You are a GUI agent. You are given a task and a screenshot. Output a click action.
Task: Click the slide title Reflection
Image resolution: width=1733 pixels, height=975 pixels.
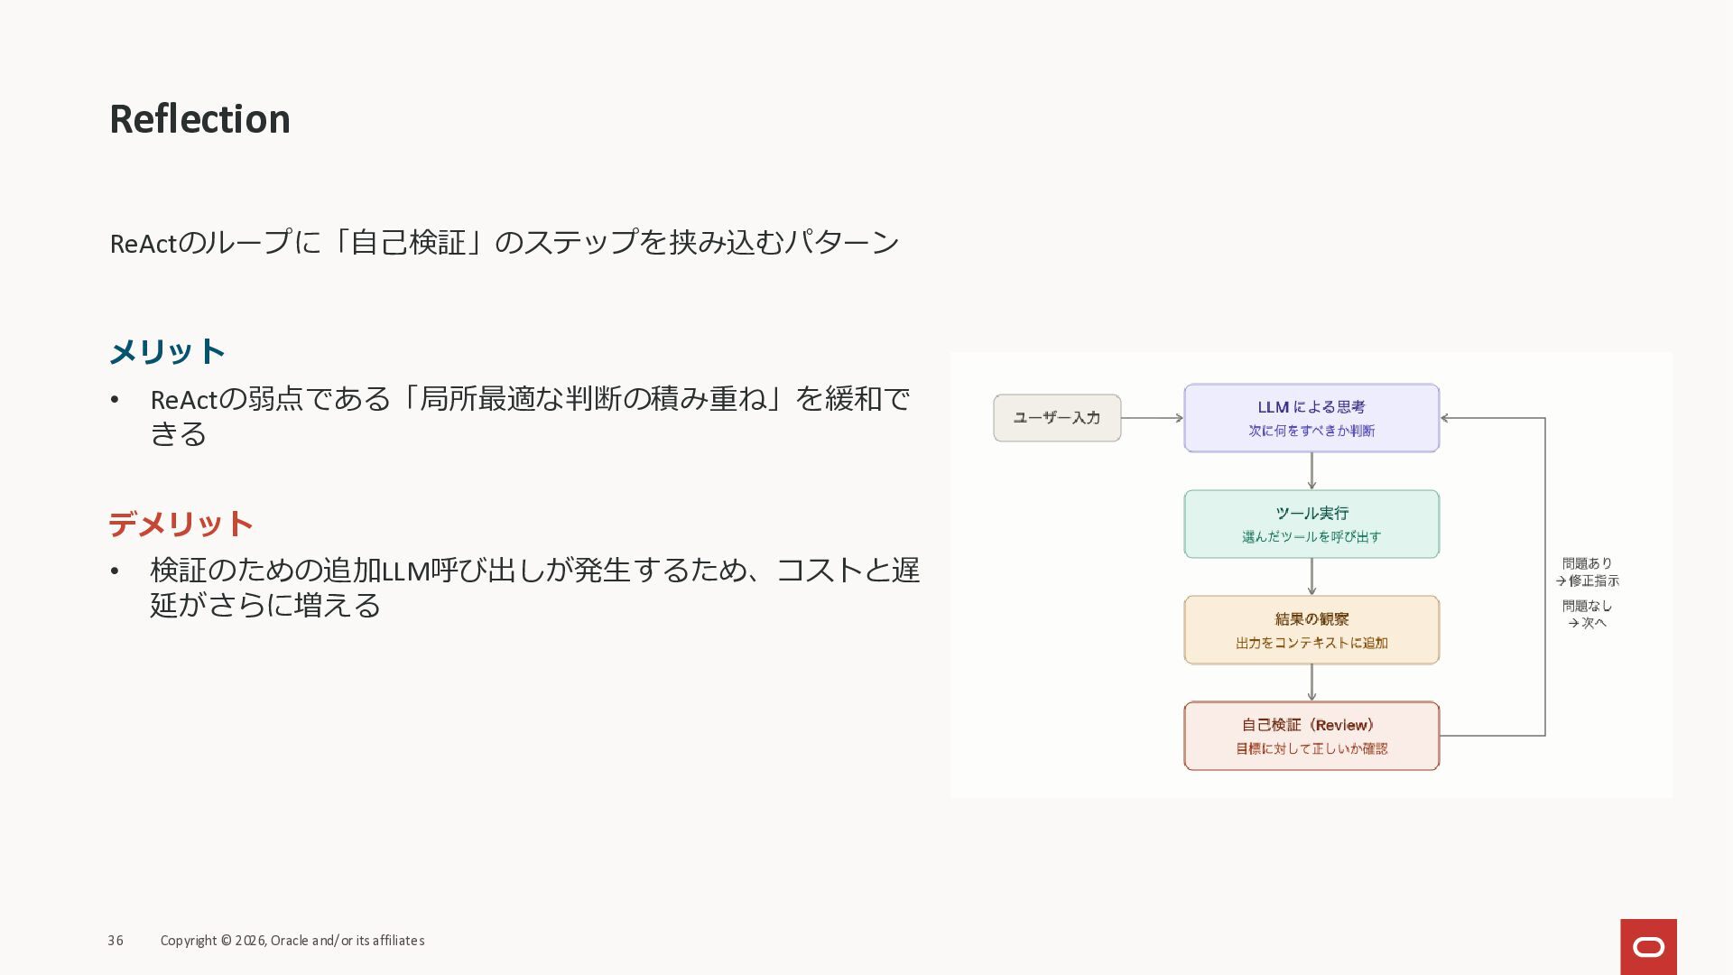[x=199, y=119]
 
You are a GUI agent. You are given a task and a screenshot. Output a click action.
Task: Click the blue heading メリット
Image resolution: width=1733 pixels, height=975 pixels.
[x=167, y=351]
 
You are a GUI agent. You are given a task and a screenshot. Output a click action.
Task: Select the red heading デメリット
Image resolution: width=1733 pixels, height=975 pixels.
[x=181, y=524]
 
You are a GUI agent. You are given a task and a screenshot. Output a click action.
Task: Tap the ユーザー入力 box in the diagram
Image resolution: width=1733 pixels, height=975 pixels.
[x=1057, y=418]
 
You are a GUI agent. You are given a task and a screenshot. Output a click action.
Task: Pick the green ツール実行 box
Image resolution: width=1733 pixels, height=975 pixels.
[x=1311, y=524]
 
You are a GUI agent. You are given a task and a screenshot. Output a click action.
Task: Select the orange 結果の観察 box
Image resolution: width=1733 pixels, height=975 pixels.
[x=1311, y=629]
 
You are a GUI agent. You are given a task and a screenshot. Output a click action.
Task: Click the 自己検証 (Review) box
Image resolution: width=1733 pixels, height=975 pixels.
[x=1311, y=735]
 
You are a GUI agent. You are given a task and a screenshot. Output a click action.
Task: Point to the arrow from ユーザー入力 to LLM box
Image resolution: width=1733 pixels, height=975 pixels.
[x=1152, y=418]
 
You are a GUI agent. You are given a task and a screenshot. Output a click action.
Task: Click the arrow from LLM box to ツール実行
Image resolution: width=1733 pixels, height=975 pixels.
[x=1311, y=470]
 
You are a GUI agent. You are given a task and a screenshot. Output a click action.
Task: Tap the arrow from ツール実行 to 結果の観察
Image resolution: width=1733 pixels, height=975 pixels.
[x=1311, y=576]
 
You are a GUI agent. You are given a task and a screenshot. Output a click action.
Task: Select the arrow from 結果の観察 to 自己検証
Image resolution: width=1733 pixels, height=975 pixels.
[x=1311, y=682]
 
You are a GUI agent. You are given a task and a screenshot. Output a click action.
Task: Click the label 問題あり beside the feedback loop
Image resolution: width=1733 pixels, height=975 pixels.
[x=1587, y=563]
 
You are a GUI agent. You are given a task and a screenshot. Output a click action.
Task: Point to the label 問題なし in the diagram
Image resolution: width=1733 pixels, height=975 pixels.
[x=1587, y=606]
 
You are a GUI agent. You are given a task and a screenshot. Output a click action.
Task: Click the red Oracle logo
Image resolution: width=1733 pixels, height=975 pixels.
[x=1648, y=946]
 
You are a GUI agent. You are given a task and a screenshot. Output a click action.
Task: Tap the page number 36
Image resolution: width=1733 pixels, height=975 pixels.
[x=116, y=941]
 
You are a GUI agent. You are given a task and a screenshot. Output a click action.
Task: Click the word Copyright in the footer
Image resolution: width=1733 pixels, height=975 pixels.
[x=189, y=941]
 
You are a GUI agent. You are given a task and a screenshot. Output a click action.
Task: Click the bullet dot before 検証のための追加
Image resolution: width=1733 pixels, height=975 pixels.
[x=115, y=571]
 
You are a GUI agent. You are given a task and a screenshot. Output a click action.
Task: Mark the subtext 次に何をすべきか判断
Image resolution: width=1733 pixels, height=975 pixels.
[x=1311, y=431]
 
